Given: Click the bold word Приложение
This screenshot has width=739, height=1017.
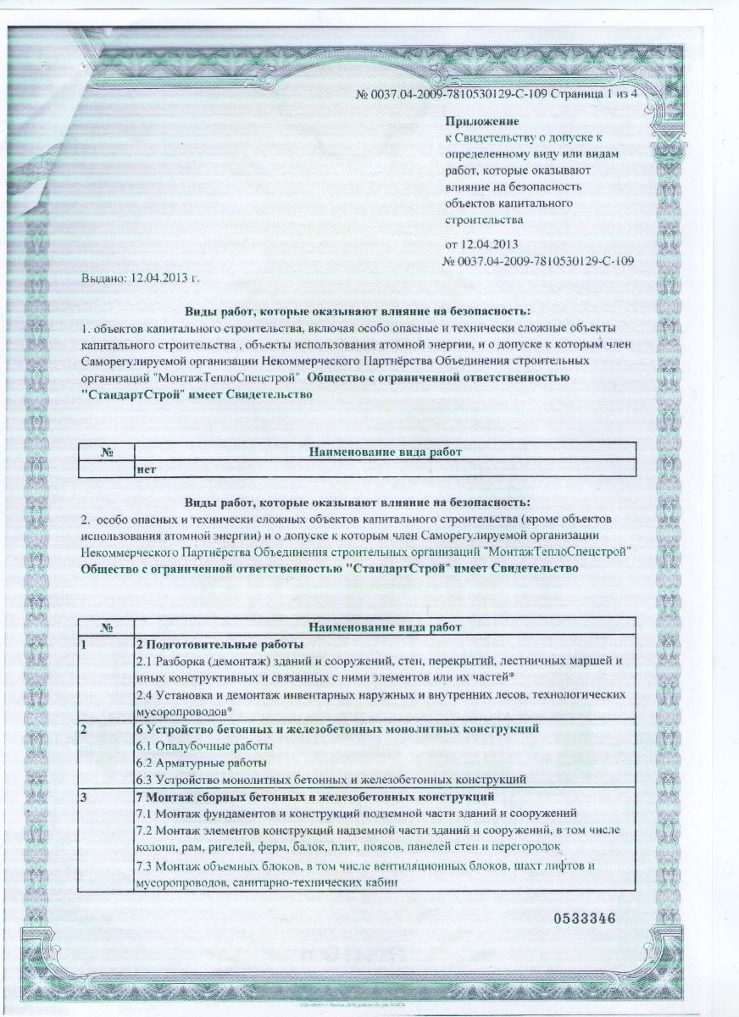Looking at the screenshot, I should pos(481,123).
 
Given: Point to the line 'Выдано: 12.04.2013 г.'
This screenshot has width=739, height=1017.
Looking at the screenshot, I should pos(142,277).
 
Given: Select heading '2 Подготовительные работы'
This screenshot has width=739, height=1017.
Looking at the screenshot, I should pos(208,645).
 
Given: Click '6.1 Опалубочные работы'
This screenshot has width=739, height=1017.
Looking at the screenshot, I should pos(204,746).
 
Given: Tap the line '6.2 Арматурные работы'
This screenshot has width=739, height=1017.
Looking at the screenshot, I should pos(201,763).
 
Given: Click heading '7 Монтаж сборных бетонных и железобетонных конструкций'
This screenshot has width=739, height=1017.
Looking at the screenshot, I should pos(314,797).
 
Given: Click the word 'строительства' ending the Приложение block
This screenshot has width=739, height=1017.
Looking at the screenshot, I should pos(484,219).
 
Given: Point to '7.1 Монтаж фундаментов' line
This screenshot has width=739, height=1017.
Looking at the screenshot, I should pos(356,813).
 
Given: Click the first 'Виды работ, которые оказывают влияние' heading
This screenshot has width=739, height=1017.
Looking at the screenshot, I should pos(357,311).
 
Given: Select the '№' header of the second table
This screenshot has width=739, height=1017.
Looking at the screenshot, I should pos(106,628).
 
